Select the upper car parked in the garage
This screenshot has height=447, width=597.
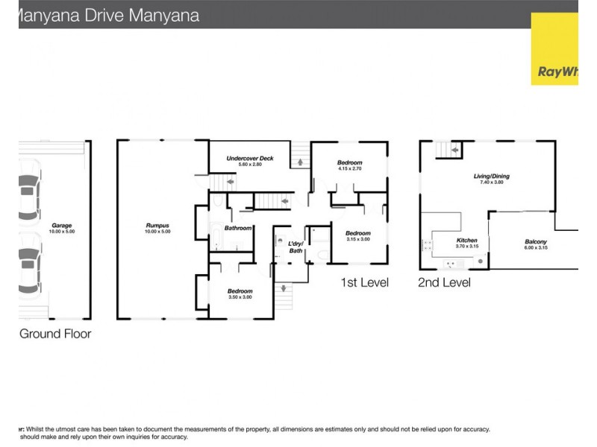point(29,195)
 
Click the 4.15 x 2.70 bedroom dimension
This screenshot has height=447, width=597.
point(349,169)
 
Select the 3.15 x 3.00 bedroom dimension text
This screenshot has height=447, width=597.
point(357,239)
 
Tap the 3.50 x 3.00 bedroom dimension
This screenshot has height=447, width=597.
point(240,297)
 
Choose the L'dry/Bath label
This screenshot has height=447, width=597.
point(296,247)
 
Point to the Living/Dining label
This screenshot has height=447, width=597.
point(491,177)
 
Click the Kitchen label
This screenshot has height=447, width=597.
point(466,241)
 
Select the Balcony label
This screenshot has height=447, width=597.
point(536,241)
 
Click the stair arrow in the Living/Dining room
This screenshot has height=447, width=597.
point(452,151)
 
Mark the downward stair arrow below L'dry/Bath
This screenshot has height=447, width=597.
point(283,288)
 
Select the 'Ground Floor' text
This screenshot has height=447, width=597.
point(55,334)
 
